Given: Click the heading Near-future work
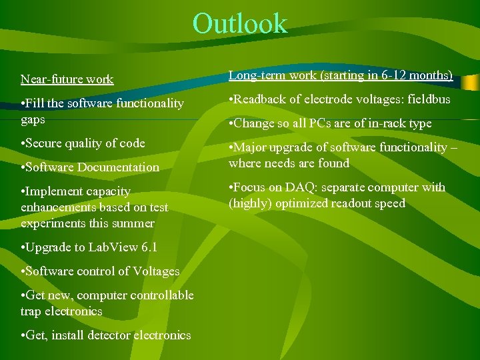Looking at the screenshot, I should [x=67, y=79].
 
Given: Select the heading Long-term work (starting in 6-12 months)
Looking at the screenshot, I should [x=341, y=75].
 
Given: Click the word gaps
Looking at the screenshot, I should [x=33, y=119].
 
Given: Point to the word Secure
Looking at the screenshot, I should [x=46, y=143].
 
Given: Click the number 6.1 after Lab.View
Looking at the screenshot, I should [x=149, y=247].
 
